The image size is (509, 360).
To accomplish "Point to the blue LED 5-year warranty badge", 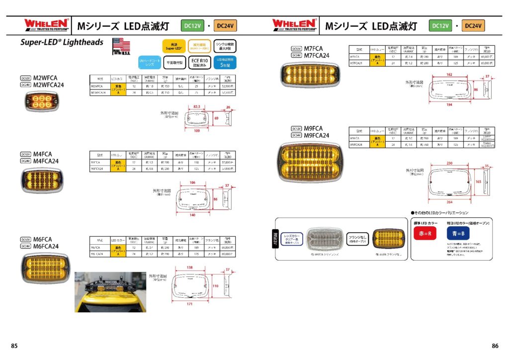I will click(225, 62).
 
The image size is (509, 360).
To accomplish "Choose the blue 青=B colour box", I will click(457, 233).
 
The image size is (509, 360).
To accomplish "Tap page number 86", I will click(495, 346).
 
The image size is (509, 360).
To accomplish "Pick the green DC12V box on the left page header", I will click(192, 25).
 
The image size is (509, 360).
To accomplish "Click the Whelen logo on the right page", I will click(294, 24).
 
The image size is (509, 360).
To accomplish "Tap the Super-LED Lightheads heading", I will click(62, 43).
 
